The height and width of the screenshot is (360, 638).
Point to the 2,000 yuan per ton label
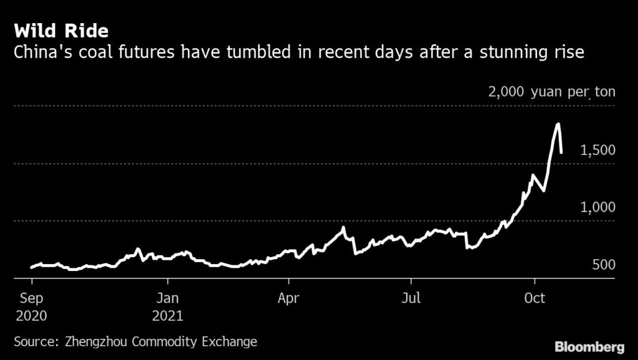[551, 93]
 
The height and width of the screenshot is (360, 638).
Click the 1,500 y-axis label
[598, 150]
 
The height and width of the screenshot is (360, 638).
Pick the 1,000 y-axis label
[598, 207]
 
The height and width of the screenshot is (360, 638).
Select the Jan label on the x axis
[167, 297]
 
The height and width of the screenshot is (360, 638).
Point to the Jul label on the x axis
[411, 297]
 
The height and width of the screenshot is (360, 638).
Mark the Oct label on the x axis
[535, 297]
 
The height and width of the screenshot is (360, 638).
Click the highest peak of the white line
[558, 124]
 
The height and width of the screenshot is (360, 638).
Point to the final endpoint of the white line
[561, 152]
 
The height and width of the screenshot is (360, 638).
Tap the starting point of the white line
[31, 268]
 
